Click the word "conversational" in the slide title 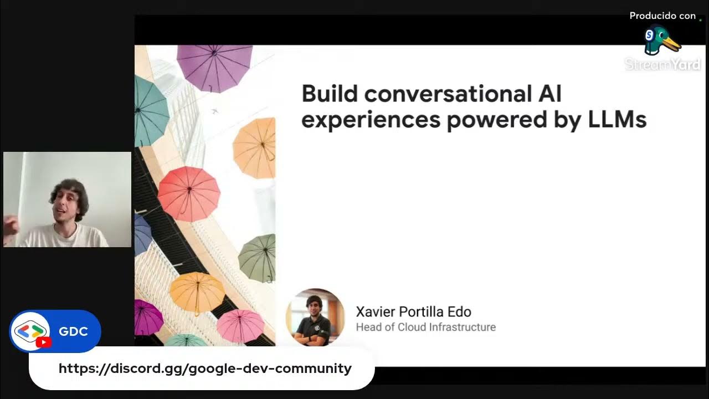click(x=446, y=94)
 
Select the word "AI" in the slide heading click(x=550, y=94)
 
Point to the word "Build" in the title click(x=330, y=94)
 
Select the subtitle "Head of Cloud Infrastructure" click(x=425, y=328)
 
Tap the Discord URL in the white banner click(x=205, y=369)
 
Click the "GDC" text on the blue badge click(x=73, y=331)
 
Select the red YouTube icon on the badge click(x=43, y=342)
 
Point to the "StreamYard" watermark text click(x=662, y=65)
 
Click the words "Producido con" click(x=662, y=16)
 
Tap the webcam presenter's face click(x=69, y=202)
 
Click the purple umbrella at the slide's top click(x=214, y=66)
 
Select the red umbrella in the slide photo click(x=188, y=193)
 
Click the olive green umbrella click(x=259, y=258)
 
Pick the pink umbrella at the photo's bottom click(x=240, y=325)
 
